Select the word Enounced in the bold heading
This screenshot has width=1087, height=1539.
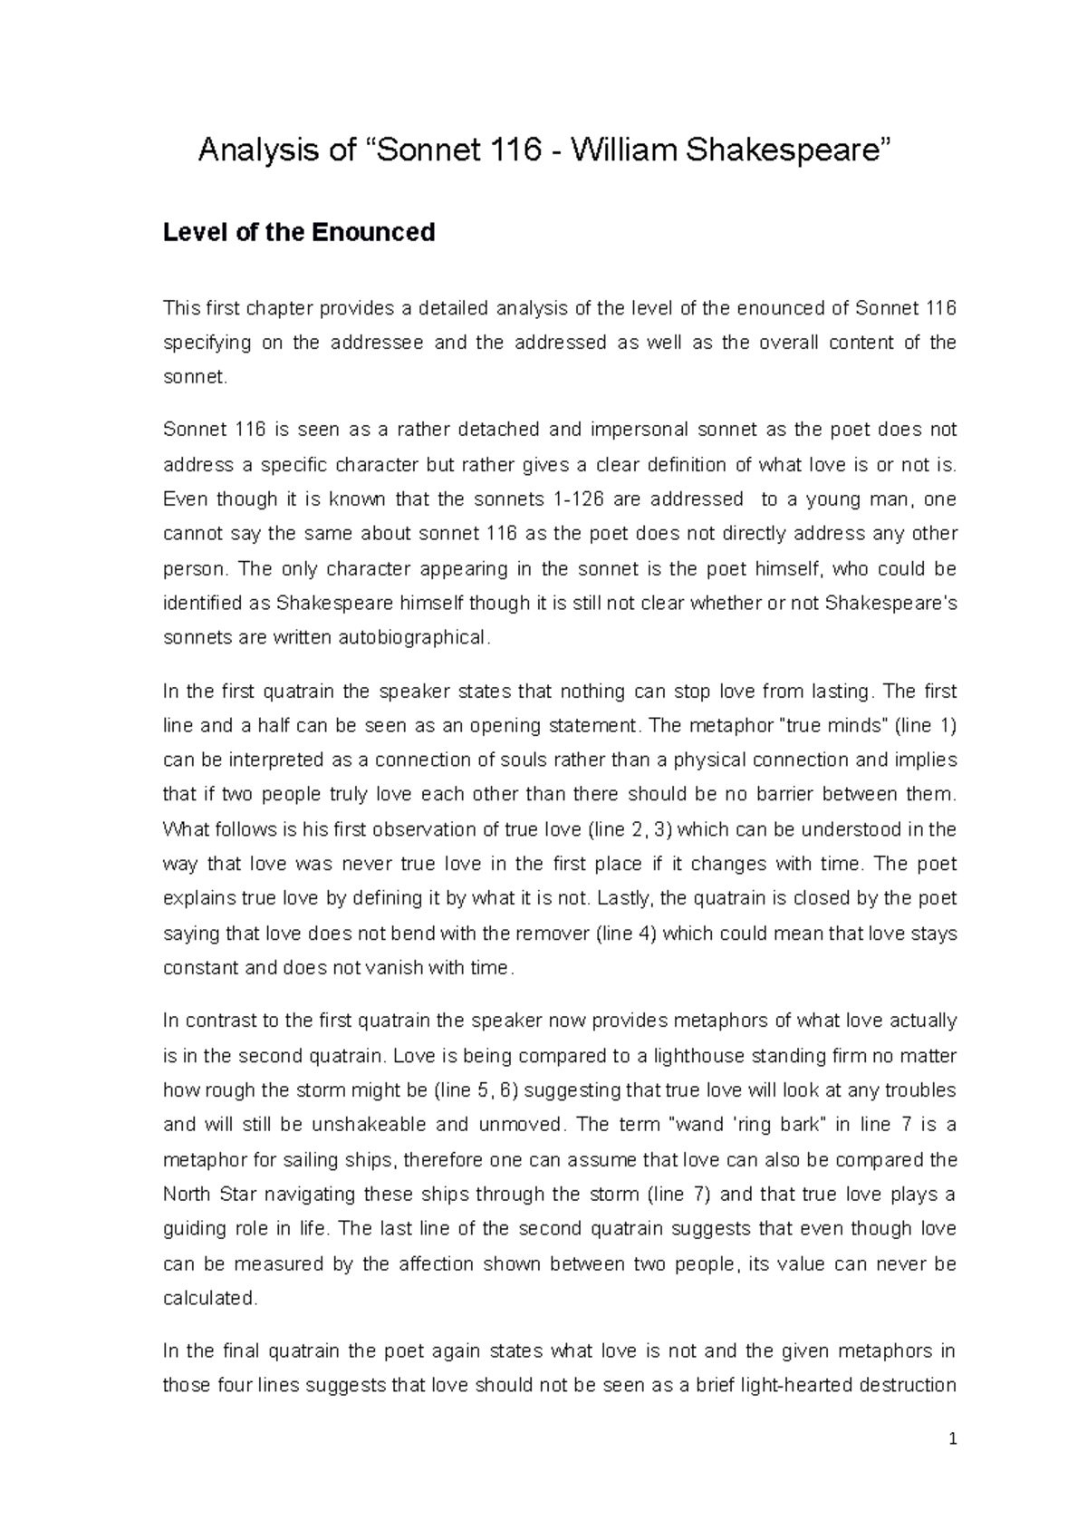coord(373,233)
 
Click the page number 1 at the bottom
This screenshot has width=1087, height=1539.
coord(952,1438)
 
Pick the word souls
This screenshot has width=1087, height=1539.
coord(508,760)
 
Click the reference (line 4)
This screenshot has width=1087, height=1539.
coord(625,933)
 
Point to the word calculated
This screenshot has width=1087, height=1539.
coord(210,1298)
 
